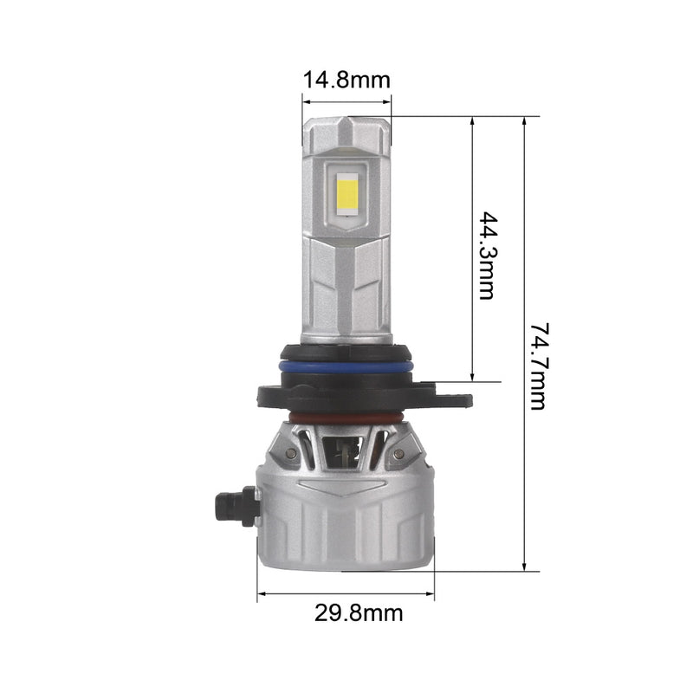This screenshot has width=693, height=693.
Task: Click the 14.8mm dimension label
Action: tap(346, 80)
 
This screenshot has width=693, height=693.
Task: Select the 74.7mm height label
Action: tap(539, 366)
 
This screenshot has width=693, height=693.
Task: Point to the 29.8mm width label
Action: tap(359, 613)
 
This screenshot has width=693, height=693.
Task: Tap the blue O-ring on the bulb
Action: tap(346, 366)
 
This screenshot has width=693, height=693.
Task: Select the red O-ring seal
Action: tap(346, 418)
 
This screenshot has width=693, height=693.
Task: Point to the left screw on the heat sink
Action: tap(291, 452)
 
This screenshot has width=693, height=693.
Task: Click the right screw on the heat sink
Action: tap(398, 453)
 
